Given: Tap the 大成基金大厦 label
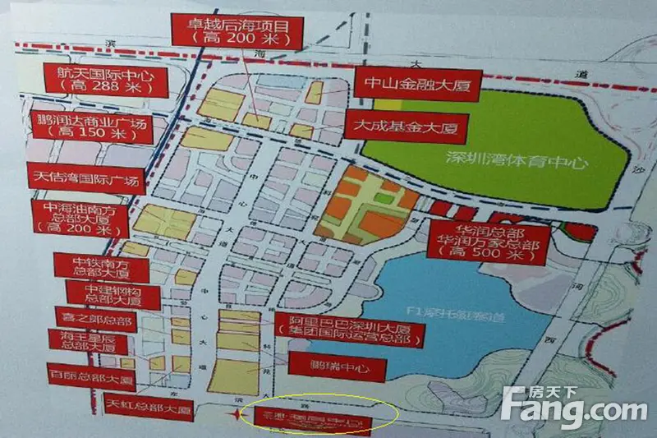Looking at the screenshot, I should pos(395,127).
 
